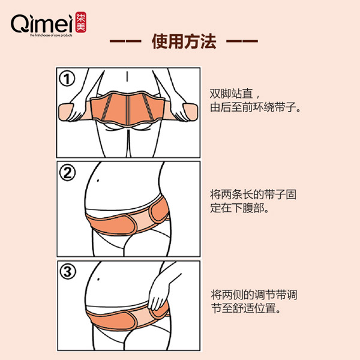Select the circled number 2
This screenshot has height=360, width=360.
pos(68,173)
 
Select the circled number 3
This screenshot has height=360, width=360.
pos(68,271)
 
